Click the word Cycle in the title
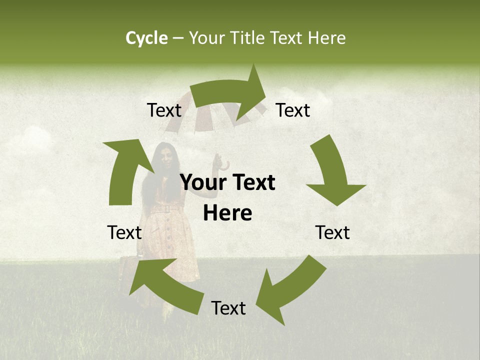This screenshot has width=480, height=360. tap(146, 38)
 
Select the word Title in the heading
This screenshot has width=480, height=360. tap(249, 38)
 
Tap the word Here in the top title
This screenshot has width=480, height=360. tap(327, 38)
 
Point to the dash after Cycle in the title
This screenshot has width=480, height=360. tap(177, 38)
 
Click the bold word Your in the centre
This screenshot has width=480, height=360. tap(202, 183)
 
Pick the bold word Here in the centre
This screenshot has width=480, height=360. tap(227, 213)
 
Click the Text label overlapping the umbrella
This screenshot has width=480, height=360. tap(164, 110)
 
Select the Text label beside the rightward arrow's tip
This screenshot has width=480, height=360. tap(293, 110)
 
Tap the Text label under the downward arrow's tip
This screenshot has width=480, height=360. tap(332, 232)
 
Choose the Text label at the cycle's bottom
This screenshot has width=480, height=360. tap(228, 308)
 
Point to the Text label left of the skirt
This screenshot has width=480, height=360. tap(124, 232)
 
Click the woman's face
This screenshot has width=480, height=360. tap(166, 157)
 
